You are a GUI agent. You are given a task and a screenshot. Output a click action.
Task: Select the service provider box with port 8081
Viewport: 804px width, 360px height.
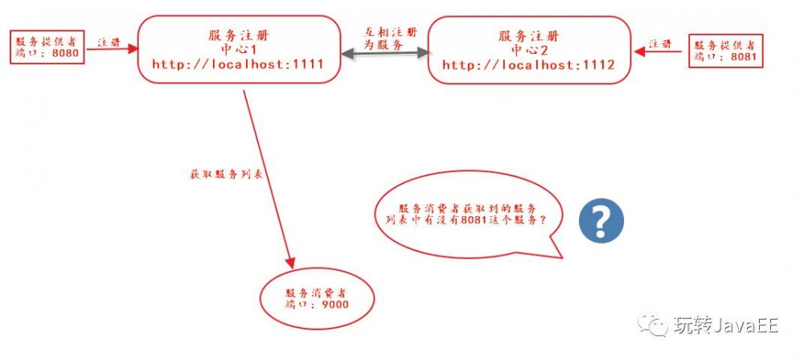[724, 51]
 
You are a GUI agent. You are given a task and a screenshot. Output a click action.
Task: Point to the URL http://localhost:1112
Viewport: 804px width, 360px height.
[528, 65]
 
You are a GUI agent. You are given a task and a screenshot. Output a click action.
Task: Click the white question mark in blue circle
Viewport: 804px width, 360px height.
[602, 218]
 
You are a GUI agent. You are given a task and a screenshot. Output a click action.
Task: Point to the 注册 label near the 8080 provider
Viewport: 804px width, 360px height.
[109, 40]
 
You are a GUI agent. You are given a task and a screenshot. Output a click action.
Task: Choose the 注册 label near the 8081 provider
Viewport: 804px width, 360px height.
[660, 43]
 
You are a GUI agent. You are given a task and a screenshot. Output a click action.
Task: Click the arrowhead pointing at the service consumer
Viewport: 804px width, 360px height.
[290, 263]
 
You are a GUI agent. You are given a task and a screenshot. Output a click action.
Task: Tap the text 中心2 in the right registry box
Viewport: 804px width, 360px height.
[528, 50]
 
